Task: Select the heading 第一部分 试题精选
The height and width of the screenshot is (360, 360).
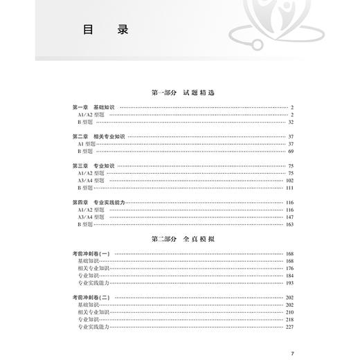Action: click(179, 92)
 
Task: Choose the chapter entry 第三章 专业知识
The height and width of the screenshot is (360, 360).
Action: click(93, 165)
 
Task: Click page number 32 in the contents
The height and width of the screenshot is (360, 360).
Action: click(291, 122)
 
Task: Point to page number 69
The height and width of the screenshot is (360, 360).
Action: click(291, 151)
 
